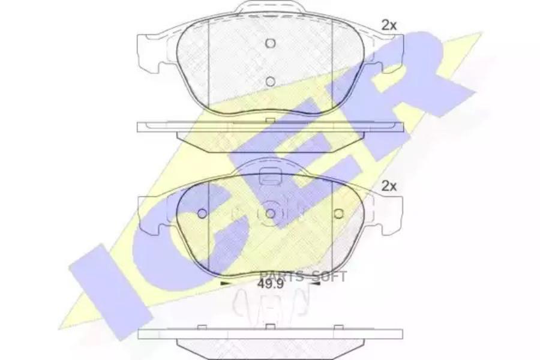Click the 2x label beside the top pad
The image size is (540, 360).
(x=389, y=25)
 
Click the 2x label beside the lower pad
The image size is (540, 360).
(x=389, y=187)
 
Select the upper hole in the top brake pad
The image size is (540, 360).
(x=271, y=43)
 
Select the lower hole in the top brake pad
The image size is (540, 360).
(x=271, y=82)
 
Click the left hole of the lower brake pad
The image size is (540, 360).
(x=203, y=214)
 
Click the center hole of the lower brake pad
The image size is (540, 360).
(x=271, y=214)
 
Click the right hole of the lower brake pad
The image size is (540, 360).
(x=339, y=214)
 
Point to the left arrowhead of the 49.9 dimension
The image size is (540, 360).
(x=225, y=284)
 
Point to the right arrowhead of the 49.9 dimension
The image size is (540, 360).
(x=316, y=284)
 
